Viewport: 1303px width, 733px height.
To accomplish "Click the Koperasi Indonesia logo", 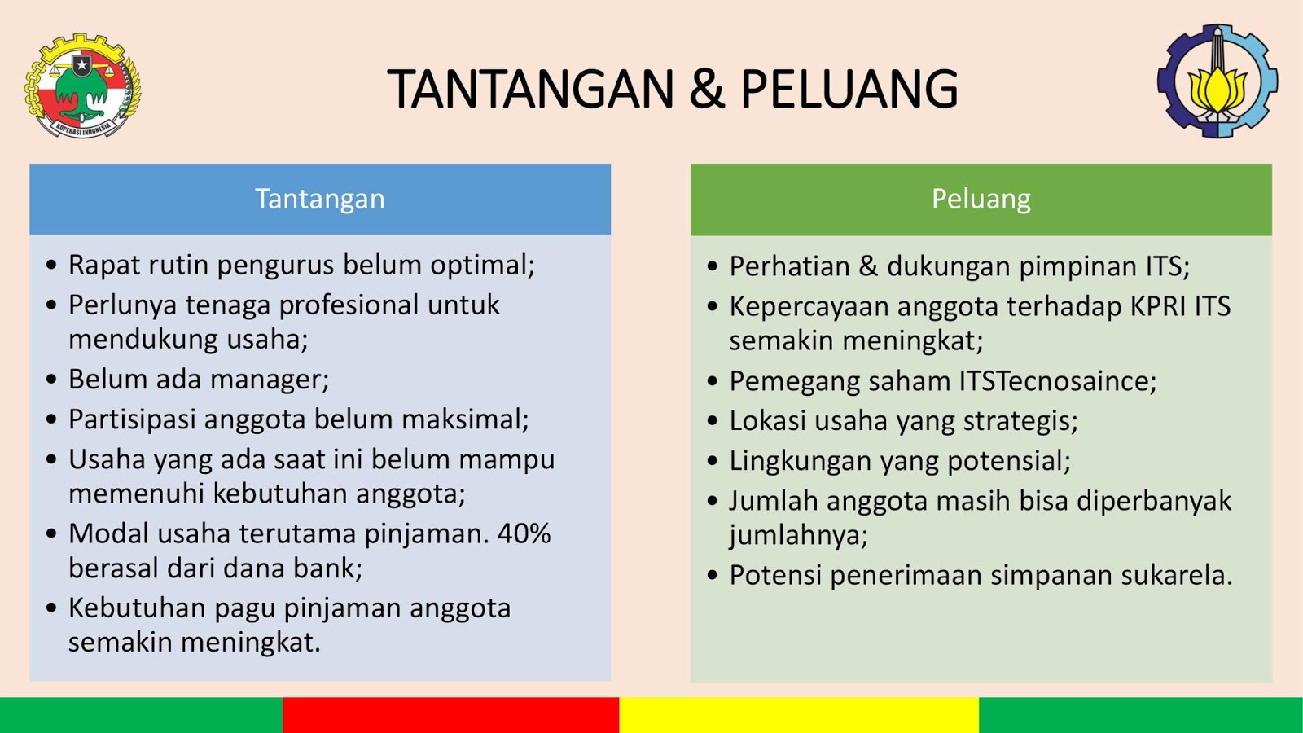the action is (82, 85).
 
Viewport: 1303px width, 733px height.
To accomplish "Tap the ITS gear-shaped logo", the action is (1217, 81).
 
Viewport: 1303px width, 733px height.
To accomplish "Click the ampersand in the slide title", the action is (707, 89).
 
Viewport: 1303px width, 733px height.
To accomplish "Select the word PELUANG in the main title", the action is (849, 89).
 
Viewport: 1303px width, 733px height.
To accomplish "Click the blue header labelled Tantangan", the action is (320, 199).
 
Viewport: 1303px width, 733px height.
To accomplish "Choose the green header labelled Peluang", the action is (981, 200).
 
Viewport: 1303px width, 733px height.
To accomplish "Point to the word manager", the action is (270, 380).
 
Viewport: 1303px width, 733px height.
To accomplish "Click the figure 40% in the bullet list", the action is (524, 533).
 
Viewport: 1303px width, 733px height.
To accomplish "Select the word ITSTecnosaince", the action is (1054, 381).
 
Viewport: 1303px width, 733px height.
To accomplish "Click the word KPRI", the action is (1158, 306).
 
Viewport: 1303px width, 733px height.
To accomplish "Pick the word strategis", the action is (1021, 421).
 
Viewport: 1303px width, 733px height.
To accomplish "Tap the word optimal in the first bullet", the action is (482, 266).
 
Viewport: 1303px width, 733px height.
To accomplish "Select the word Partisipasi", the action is (132, 419).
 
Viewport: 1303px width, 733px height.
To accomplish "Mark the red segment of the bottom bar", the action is (451, 715).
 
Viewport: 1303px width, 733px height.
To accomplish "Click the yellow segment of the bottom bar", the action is (799, 715).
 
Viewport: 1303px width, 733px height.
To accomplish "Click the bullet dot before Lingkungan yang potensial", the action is (713, 461).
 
